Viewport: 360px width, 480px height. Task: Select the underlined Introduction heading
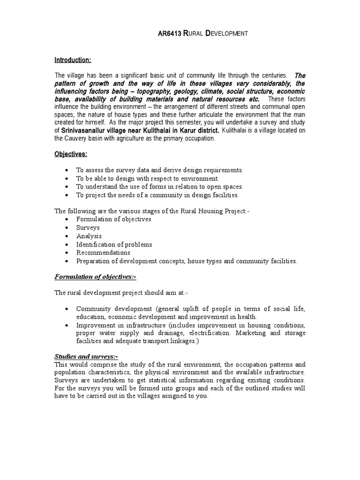click(73, 60)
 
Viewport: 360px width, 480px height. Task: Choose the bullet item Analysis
click(89, 236)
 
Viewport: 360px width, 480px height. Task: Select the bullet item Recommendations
click(104, 253)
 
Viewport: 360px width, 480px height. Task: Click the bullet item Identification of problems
click(114, 245)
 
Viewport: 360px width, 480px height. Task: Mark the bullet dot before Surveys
click(68, 228)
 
